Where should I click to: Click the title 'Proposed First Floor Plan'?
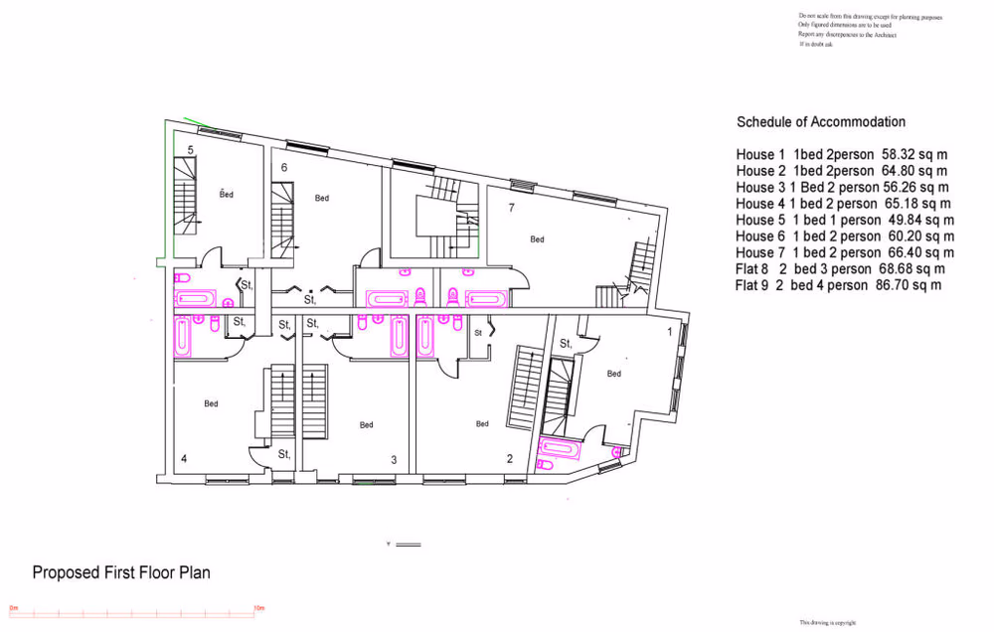coord(121,573)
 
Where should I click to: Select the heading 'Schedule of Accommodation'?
coord(821,122)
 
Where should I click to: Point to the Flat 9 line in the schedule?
coord(838,285)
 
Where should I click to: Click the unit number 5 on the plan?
coord(190,150)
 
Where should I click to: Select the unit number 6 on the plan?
coord(284,168)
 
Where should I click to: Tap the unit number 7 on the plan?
coord(511,208)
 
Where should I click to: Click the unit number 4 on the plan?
coord(183,458)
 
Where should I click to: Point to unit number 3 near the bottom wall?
coord(394,460)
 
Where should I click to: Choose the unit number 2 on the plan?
coord(510,459)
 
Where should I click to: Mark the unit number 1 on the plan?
coord(669,331)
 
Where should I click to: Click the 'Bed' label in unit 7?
coord(537,239)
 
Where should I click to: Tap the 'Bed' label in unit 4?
coord(211,403)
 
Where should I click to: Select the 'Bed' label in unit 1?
coord(613,374)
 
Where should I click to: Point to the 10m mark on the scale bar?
coord(257,607)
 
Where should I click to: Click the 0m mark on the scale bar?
coord(14,607)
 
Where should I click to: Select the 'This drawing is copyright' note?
coord(827,622)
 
